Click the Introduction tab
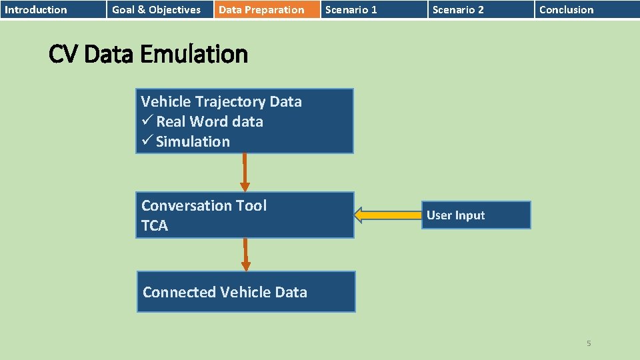click(x=36, y=9)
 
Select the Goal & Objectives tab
click(x=156, y=9)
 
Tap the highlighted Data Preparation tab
click(x=261, y=9)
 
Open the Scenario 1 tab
click(x=351, y=9)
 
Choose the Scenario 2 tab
click(x=458, y=9)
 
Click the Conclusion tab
click(x=566, y=9)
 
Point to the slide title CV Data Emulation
click(x=148, y=54)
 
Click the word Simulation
click(x=193, y=141)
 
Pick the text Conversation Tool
click(x=203, y=205)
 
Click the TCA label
click(x=155, y=225)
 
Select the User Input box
click(x=477, y=215)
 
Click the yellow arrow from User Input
click(x=387, y=215)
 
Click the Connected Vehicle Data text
click(x=225, y=292)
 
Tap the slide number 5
click(x=589, y=343)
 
